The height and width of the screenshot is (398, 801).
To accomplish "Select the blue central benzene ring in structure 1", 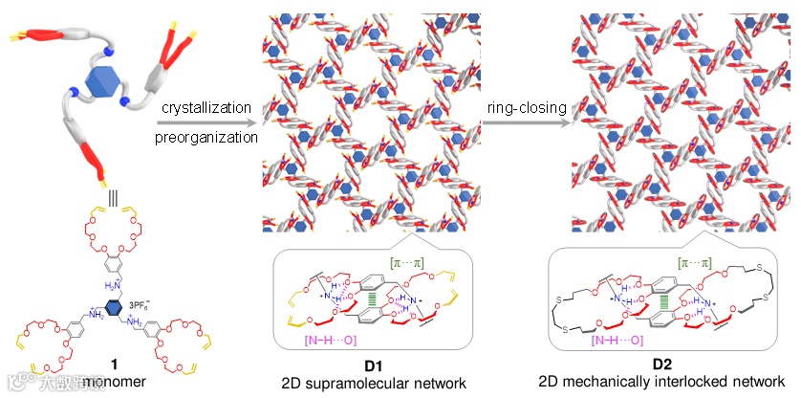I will pyautogui.click(x=113, y=305).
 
